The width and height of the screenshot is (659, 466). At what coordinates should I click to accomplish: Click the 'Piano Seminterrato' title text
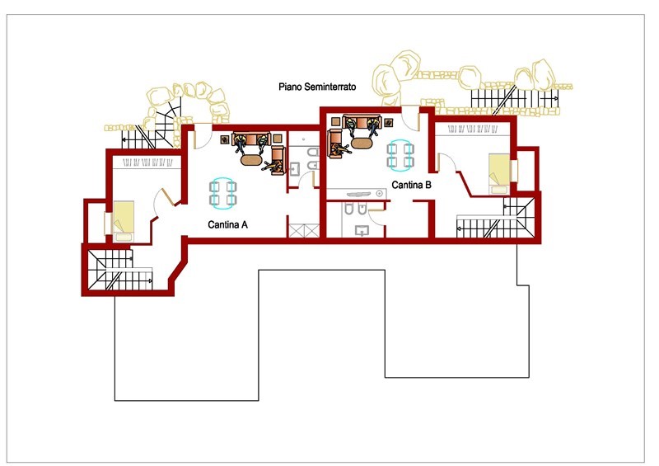[x=317, y=87]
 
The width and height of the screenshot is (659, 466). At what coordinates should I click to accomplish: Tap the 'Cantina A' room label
[x=228, y=225]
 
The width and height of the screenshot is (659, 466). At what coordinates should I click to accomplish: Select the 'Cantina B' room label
[x=411, y=185]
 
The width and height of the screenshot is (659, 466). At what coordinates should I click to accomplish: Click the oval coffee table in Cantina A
[x=251, y=160]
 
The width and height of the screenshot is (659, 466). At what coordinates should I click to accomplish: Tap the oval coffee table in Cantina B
[x=362, y=144]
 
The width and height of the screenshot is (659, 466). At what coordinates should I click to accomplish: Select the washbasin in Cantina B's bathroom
[x=362, y=231]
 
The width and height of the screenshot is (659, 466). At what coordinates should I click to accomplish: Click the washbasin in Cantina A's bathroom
[x=295, y=169]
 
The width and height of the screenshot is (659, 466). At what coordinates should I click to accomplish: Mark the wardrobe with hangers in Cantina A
[x=147, y=162]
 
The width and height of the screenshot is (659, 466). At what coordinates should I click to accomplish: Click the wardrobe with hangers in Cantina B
[x=473, y=129]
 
